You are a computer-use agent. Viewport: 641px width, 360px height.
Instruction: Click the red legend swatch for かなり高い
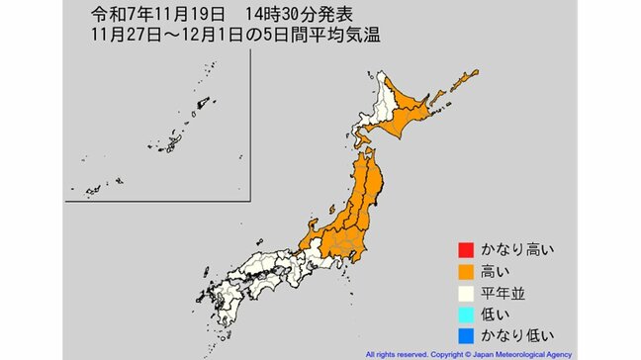464,249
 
